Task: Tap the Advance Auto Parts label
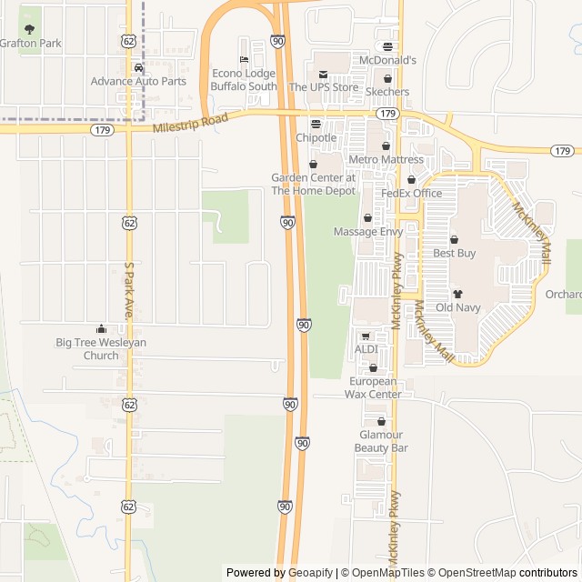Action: (138, 81)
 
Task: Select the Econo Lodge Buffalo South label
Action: (243, 80)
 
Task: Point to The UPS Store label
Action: (324, 86)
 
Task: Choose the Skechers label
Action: (387, 92)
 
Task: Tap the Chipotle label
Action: (316, 137)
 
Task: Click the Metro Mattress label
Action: (386, 159)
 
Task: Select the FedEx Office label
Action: (411, 193)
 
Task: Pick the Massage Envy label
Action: (367, 232)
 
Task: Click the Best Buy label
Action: (454, 253)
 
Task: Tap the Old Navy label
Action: (457, 306)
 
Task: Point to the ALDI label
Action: (366, 349)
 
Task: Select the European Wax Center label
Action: (374, 387)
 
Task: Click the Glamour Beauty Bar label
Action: (381, 441)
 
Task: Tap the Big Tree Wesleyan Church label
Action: (101, 348)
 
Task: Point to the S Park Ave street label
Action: (128, 290)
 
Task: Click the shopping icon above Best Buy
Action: (454, 240)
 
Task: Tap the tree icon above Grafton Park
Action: (29, 29)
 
